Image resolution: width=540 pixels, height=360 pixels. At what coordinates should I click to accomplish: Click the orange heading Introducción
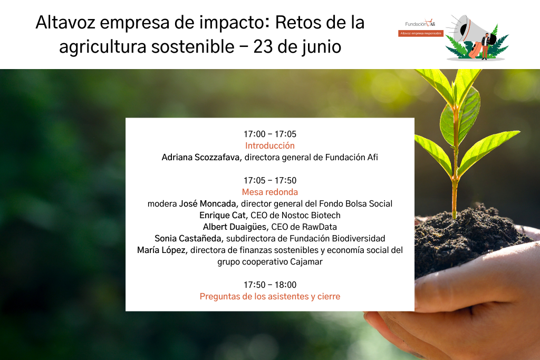(x=269, y=145)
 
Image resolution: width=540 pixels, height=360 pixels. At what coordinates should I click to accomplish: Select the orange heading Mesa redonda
(x=269, y=192)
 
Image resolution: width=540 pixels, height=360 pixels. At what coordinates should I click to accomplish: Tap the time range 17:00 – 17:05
(x=269, y=134)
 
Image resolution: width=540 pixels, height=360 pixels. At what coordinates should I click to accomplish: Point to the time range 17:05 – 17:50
(x=269, y=180)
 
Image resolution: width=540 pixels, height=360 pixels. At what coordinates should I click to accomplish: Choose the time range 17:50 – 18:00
(x=269, y=285)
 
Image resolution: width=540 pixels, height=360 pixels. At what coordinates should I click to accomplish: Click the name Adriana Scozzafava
(x=200, y=157)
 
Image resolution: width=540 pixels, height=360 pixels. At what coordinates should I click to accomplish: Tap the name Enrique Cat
(x=223, y=216)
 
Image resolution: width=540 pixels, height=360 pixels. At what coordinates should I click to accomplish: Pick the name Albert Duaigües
(x=235, y=227)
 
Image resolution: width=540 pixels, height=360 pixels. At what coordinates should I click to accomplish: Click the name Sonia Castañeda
(x=188, y=239)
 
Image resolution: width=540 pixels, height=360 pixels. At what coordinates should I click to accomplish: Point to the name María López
(x=161, y=250)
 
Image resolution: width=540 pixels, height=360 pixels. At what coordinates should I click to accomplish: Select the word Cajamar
(x=306, y=262)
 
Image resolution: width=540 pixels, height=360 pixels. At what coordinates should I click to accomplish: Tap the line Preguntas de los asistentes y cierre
(x=269, y=296)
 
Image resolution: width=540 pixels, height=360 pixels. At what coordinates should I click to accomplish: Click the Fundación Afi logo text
(x=420, y=24)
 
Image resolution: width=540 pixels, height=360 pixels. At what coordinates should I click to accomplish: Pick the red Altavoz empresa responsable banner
(x=420, y=33)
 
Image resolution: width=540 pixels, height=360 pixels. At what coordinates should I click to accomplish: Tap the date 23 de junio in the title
(x=297, y=46)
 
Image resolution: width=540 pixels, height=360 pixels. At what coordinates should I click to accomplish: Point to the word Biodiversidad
(x=359, y=239)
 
